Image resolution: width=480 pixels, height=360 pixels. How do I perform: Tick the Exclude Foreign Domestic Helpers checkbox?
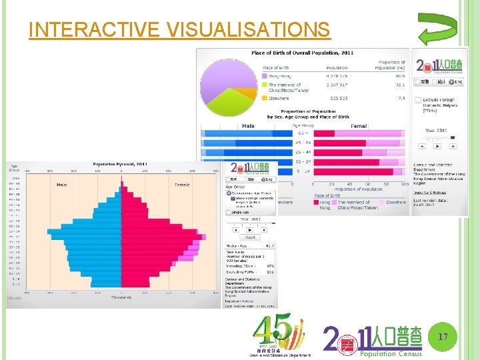(417, 101)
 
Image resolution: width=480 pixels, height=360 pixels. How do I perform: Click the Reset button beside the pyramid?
(250, 237)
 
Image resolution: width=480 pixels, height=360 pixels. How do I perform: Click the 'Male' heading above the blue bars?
(248, 125)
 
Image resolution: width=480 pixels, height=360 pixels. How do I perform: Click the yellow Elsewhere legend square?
(265, 98)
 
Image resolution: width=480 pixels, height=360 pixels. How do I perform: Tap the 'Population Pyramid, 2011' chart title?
(120, 164)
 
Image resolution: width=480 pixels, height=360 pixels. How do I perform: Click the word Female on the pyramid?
(182, 185)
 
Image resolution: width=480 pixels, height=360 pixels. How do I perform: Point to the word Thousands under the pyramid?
(121, 298)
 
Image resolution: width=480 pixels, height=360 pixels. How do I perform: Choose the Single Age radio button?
(228, 212)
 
